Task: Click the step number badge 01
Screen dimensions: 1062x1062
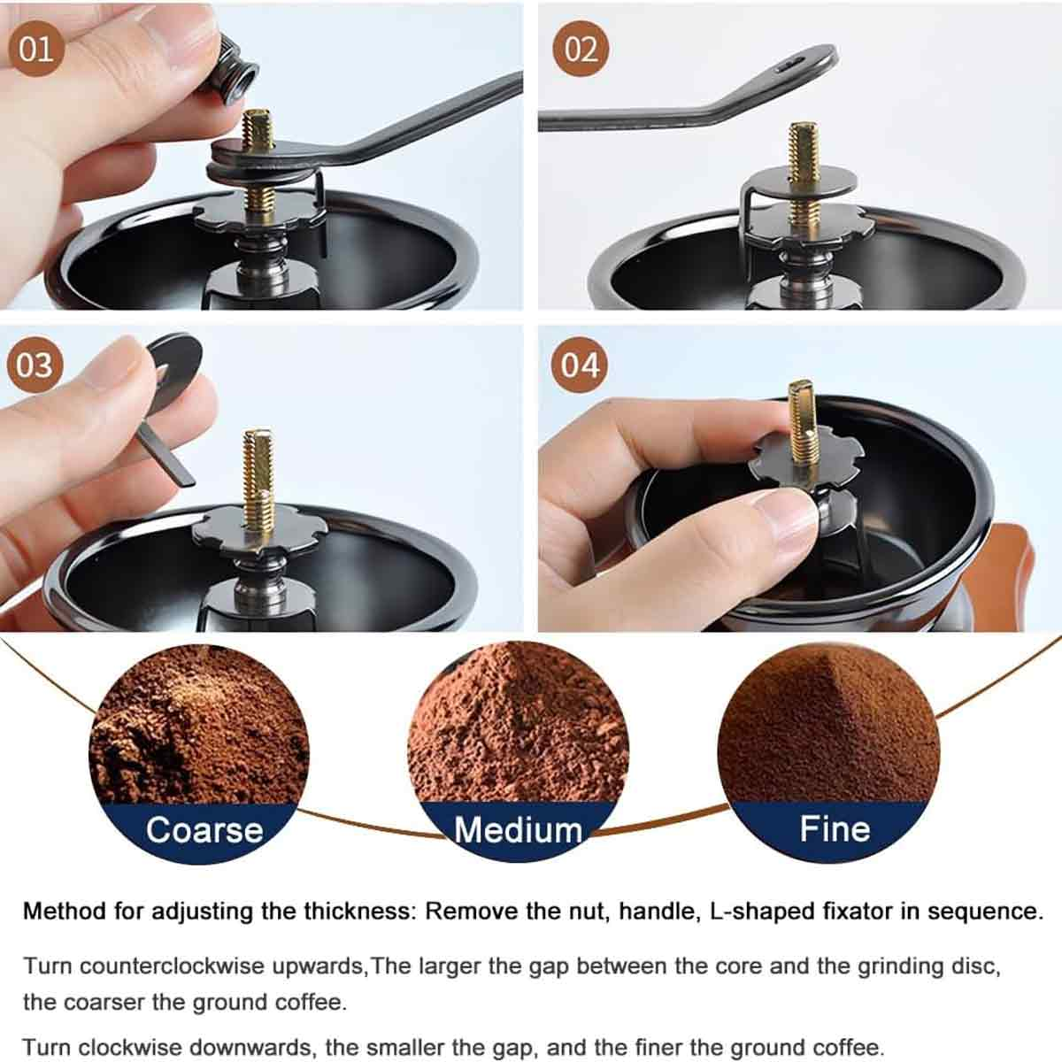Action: tap(35, 49)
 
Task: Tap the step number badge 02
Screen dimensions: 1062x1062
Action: tap(581, 49)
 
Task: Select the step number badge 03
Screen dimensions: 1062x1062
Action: tap(35, 366)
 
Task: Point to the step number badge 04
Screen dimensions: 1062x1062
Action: tap(580, 366)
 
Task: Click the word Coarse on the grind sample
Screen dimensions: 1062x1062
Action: tap(205, 830)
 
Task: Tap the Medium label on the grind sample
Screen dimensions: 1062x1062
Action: tap(518, 830)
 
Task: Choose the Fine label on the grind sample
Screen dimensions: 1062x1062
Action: tap(835, 828)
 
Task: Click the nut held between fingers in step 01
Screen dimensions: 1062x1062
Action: tap(235, 71)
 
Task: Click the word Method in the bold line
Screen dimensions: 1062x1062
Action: tap(64, 911)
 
